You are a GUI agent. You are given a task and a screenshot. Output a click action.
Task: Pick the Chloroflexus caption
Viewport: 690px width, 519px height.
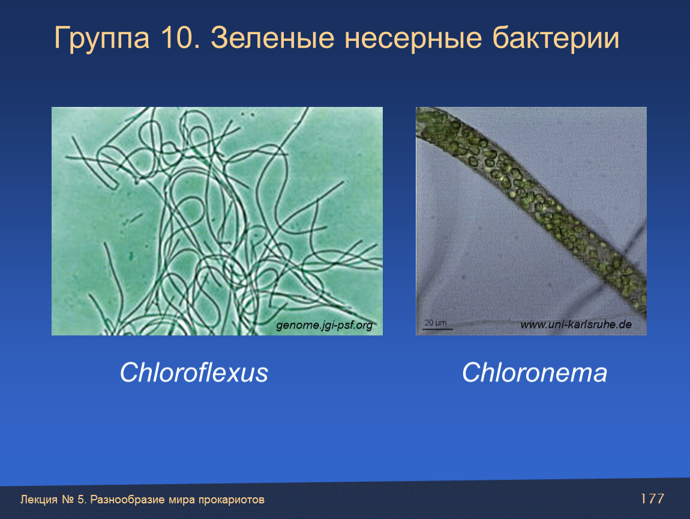(x=194, y=372)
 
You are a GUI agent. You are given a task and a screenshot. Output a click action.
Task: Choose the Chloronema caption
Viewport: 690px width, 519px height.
(x=534, y=372)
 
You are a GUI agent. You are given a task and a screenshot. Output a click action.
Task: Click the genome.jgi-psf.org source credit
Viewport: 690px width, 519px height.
(x=325, y=325)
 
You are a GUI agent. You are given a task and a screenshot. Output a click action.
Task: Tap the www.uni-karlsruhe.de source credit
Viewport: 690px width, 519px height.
(x=576, y=325)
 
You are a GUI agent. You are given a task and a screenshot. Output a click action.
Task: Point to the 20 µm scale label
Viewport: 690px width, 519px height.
(x=435, y=323)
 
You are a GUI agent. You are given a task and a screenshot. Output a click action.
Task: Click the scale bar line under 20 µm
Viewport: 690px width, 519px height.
(x=437, y=329)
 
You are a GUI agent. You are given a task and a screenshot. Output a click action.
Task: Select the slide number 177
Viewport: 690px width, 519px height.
(x=652, y=499)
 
